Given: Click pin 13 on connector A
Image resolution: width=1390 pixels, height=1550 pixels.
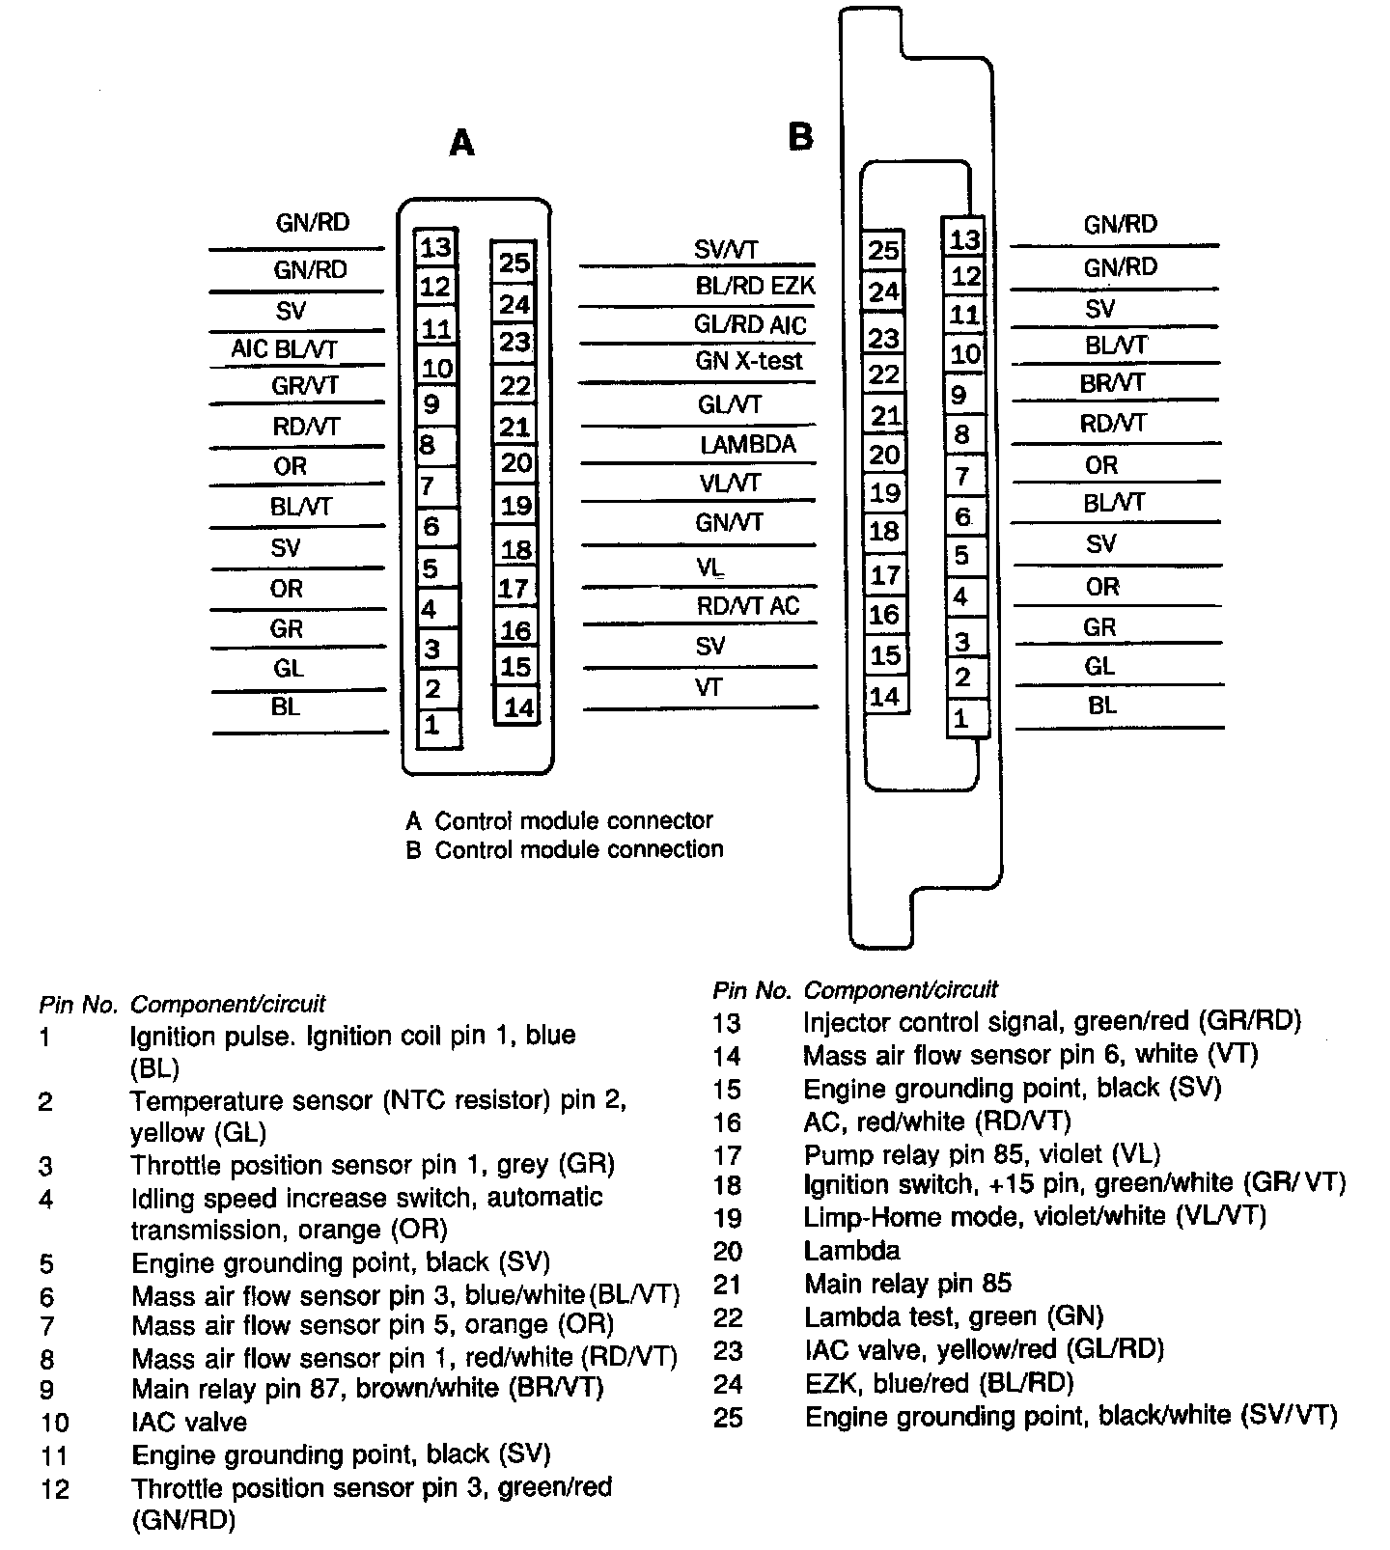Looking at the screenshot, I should pyautogui.click(x=435, y=247).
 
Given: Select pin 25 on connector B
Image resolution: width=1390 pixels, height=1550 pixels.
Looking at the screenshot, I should pyautogui.click(x=883, y=251).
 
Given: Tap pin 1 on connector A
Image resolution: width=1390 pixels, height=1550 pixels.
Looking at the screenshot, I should pyautogui.click(x=431, y=725).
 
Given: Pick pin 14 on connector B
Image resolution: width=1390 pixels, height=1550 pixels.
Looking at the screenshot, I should pyautogui.click(x=884, y=697).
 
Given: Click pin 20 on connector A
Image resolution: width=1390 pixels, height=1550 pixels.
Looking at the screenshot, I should pyautogui.click(x=515, y=463).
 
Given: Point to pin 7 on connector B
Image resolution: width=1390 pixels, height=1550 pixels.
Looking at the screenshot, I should pyautogui.click(x=962, y=477).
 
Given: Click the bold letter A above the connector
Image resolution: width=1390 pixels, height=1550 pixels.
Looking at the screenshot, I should pyautogui.click(x=462, y=144).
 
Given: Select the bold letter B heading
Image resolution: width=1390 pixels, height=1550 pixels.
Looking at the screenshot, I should pyautogui.click(x=800, y=137).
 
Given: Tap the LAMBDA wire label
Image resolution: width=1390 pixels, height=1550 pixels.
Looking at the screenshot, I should pyautogui.click(x=748, y=444).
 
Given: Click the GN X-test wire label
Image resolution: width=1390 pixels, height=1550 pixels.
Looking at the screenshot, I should pyautogui.click(x=749, y=362).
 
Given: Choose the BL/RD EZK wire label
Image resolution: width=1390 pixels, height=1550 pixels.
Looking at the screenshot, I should pyautogui.click(x=755, y=287).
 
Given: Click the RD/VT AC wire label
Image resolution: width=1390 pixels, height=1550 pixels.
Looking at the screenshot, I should pyautogui.click(x=748, y=606).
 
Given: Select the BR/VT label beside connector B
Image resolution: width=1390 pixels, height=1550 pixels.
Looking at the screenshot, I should pyautogui.click(x=1113, y=383).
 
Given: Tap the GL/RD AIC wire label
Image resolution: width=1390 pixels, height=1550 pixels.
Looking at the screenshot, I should pyautogui.click(x=750, y=325).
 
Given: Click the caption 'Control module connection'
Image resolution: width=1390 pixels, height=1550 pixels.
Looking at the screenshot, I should pyautogui.click(x=578, y=849).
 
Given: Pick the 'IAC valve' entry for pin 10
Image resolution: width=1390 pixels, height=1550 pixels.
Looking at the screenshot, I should pyautogui.click(x=189, y=1422).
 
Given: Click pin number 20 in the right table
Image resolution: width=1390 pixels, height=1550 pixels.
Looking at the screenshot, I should pyautogui.click(x=728, y=1252).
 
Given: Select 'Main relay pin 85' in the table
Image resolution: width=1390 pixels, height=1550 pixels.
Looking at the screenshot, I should pyautogui.click(x=907, y=1284).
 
